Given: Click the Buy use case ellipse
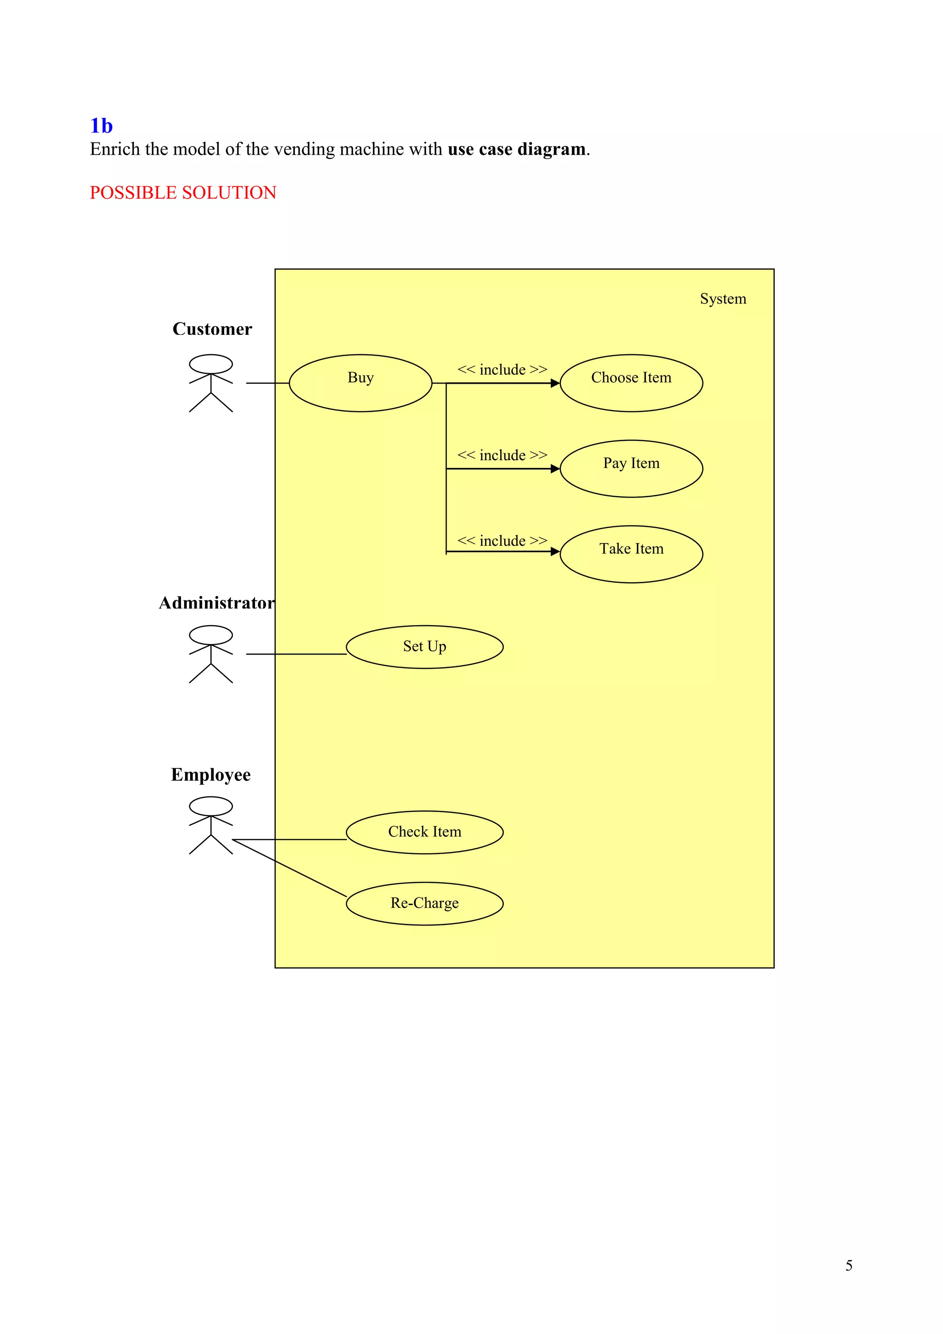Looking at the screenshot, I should point(360,383).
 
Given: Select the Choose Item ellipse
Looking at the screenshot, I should point(631,383).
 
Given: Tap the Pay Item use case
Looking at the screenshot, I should point(631,468).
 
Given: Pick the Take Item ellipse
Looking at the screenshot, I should point(631,554).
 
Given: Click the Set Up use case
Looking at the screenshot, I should point(425,647).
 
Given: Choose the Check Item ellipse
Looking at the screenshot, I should point(425,832).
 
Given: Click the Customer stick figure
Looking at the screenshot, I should point(211,383).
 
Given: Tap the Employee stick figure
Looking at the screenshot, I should point(211,825).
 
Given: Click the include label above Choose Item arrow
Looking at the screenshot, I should point(502,369).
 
